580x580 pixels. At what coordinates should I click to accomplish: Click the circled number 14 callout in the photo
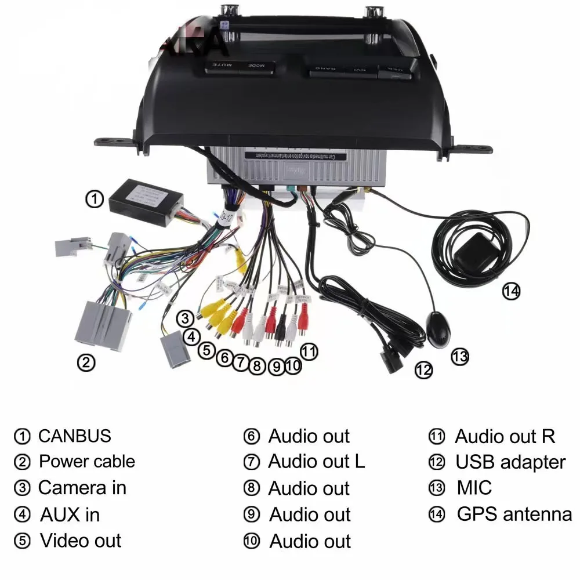pos(511,291)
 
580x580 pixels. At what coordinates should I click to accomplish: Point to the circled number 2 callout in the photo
pos(86,363)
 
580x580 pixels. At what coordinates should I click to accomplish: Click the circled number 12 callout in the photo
pos(424,369)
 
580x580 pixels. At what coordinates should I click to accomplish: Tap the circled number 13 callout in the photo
pos(460,356)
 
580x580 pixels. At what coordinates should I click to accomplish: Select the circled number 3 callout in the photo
pos(185,318)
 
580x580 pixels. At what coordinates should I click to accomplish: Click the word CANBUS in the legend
pos(74,436)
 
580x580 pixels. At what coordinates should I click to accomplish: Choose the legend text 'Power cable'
pos(86,462)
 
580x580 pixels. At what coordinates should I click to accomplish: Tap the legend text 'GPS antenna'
pos(514,514)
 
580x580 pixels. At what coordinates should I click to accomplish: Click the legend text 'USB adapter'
pos(510,462)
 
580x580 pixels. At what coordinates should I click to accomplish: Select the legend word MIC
pos(474,488)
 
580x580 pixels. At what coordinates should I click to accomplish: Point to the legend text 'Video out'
pos(80,541)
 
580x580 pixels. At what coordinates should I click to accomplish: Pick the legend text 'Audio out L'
pos(316,462)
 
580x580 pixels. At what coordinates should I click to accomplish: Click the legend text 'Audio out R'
pos(505,436)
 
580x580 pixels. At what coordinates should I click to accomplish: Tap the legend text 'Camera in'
pos(82,488)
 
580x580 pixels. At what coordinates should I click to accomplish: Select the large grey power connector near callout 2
pos(103,325)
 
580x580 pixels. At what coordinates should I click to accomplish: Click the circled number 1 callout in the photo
pos(94,199)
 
